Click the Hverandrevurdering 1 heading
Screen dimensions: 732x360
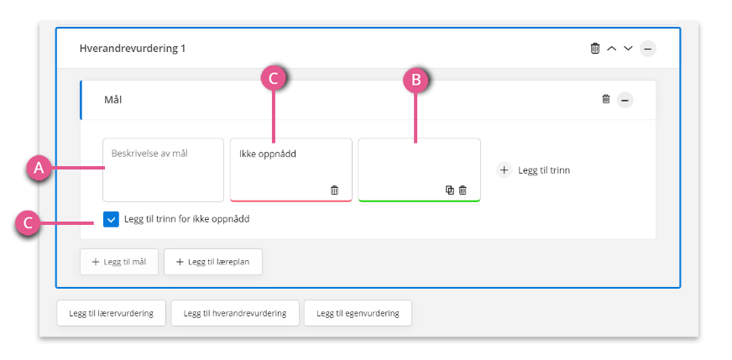[x=132, y=48]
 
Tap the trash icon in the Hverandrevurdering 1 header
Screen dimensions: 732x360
[x=594, y=48]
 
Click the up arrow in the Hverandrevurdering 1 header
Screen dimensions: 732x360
[x=612, y=48]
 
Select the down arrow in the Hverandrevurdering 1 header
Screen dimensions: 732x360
[x=629, y=48]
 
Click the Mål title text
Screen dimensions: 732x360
[x=113, y=100]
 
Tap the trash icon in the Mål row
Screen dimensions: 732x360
[x=606, y=99]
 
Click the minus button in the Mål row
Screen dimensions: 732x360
[x=625, y=100]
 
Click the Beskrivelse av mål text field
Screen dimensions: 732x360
[x=164, y=170]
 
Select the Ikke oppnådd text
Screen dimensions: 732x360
[x=268, y=154]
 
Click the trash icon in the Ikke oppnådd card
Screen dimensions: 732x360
[x=334, y=190]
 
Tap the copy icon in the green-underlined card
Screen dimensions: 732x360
[x=450, y=190]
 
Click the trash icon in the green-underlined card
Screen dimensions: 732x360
[x=463, y=190]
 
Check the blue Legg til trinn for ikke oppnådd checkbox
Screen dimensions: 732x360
[x=111, y=219]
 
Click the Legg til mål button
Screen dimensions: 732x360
[x=119, y=262]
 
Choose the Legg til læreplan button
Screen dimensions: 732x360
[x=213, y=262]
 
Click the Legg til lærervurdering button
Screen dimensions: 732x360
[x=111, y=313]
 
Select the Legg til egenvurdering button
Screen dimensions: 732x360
[x=358, y=313]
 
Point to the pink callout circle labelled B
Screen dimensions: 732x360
[x=416, y=81]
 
